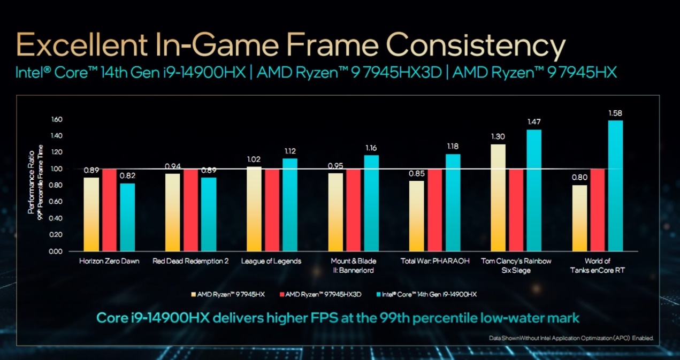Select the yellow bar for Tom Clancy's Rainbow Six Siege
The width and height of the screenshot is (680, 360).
[498, 197]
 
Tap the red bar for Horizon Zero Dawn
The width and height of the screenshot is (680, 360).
[109, 210]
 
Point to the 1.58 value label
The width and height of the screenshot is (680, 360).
[615, 113]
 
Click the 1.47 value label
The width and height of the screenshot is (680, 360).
[534, 122]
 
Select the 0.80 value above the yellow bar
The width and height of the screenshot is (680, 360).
[579, 178]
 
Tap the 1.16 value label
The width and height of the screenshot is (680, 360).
[371, 148]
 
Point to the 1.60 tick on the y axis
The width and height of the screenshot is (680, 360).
[56, 119]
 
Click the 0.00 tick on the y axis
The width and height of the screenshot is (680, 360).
[56, 251]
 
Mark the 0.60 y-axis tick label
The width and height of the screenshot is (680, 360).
[56, 202]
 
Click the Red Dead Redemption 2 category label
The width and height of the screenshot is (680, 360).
[190, 261]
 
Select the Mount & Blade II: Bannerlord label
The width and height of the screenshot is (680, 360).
[354, 265]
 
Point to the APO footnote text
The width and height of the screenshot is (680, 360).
[571, 339]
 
